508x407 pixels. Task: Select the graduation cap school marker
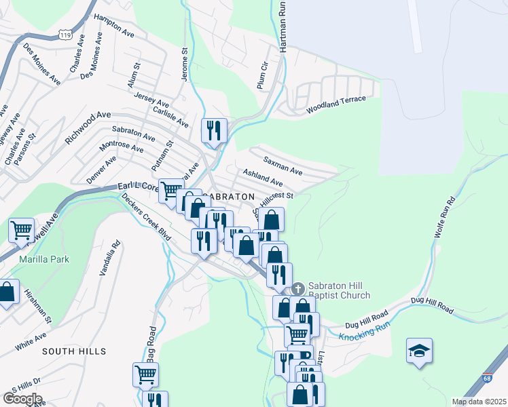click(x=419, y=351)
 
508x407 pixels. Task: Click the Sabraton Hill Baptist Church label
click(x=340, y=290)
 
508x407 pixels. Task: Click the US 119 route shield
click(x=65, y=33)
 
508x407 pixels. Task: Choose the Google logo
click(x=22, y=398)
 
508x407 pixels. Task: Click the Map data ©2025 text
click(x=479, y=401)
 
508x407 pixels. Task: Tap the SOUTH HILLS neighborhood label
click(x=73, y=351)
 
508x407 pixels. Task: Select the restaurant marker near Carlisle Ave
click(x=214, y=130)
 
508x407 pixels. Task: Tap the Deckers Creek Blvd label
click(x=146, y=216)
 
